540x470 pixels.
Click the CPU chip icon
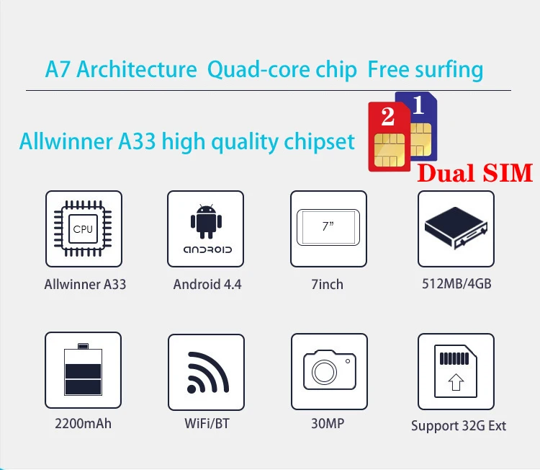click(x=83, y=229)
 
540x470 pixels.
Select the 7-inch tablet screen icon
click(x=328, y=227)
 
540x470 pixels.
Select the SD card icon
click(x=456, y=371)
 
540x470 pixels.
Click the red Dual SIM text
click(x=475, y=173)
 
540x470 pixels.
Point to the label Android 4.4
click(x=207, y=284)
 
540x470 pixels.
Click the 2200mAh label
click(x=83, y=423)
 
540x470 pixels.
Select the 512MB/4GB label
click(x=456, y=283)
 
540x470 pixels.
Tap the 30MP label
click(x=328, y=423)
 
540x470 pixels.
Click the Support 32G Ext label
click(x=459, y=425)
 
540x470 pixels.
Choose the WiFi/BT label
click(x=207, y=423)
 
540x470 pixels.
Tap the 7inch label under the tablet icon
click(x=328, y=284)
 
